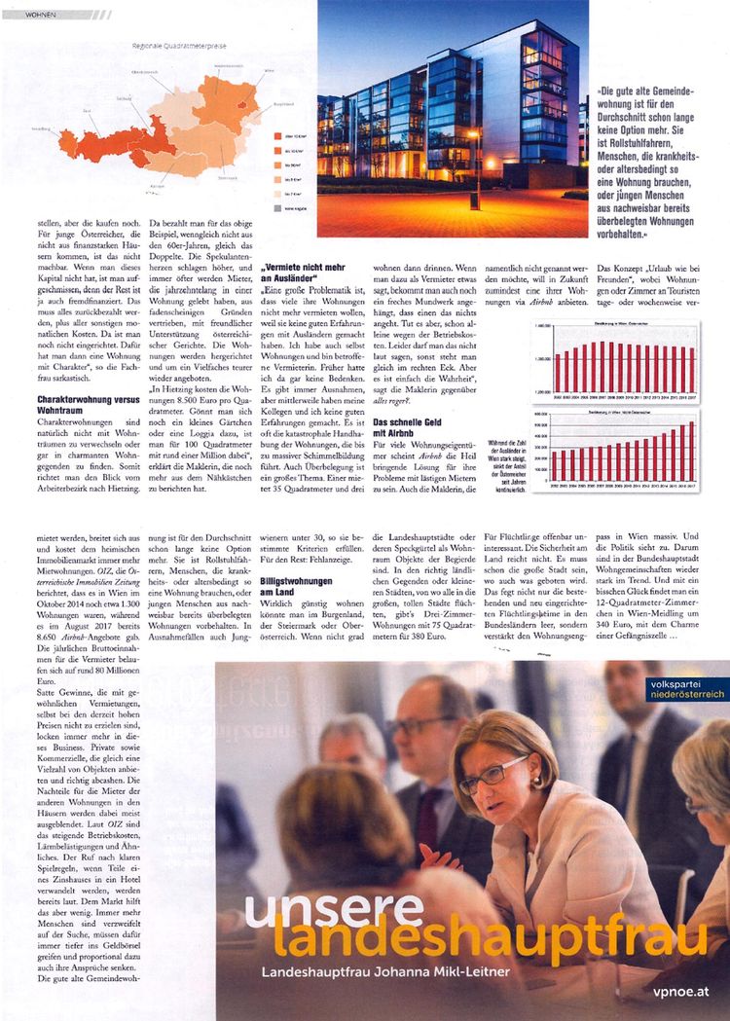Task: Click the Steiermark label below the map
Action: click(227, 177)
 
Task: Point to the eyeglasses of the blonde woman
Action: click(494, 774)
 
